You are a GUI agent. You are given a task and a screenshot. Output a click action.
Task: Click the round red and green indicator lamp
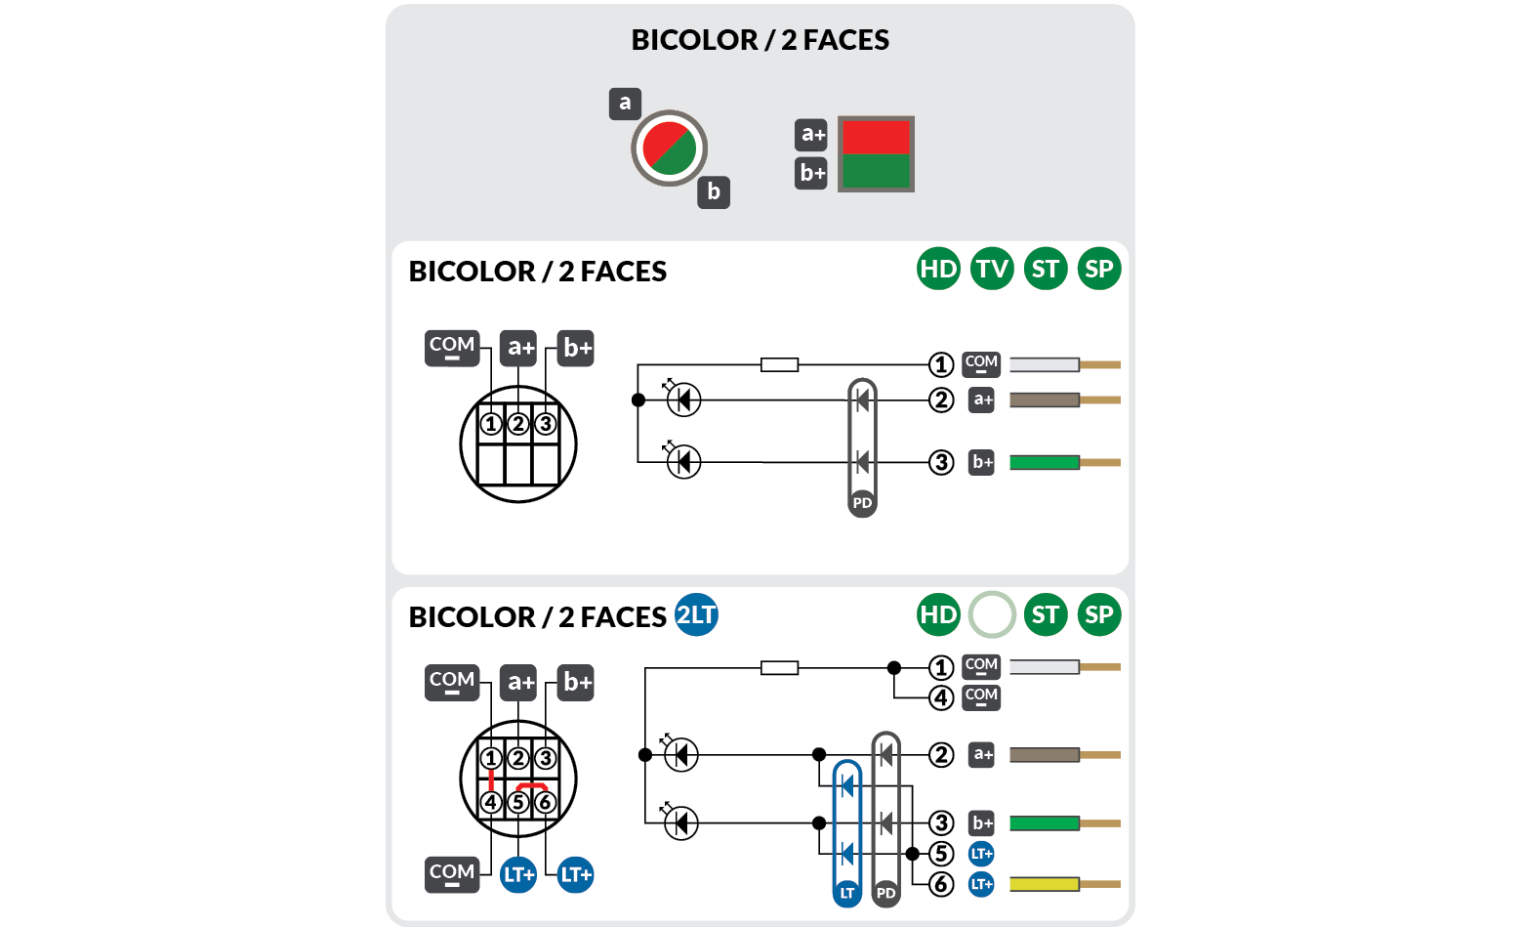[x=669, y=148]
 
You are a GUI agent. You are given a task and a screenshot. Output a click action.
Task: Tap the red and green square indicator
[x=876, y=153]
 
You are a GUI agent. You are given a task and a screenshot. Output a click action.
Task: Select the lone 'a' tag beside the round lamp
[x=625, y=104]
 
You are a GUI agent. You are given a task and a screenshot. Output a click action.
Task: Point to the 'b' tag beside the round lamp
[x=714, y=191]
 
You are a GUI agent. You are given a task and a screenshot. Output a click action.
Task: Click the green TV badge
[x=992, y=269]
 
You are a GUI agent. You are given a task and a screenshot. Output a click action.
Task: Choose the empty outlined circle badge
[x=992, y=614]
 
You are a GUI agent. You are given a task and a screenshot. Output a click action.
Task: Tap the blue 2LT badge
[x=696, y=614]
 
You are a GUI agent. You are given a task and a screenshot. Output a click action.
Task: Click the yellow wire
[x=1045, y=884]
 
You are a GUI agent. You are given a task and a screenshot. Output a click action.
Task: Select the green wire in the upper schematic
[x=1045, y=462]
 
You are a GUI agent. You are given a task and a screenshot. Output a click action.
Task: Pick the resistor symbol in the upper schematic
[x=779, y=364]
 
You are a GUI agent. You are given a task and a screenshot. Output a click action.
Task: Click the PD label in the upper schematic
[x=862, y=503]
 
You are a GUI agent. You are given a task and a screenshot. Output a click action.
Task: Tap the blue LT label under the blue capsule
[x=846, y=893]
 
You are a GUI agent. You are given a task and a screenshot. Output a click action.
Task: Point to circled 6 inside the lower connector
[x=545, y=802]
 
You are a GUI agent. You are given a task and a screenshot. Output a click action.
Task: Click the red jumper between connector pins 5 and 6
[x=531, y=785]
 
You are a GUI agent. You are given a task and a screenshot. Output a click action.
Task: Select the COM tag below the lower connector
[x=452, y=873]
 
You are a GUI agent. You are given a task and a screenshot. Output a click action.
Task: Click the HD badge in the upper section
[x=938, y=269]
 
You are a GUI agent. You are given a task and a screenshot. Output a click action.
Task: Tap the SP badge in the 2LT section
[x=1098, y=614]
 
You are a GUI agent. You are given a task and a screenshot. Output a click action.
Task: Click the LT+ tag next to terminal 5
[x=981, y=854]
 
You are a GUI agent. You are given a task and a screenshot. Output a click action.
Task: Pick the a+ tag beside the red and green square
[x=811, y=134]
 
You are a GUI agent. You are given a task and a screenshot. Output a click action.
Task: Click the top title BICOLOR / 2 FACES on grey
[x=760, y=40]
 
